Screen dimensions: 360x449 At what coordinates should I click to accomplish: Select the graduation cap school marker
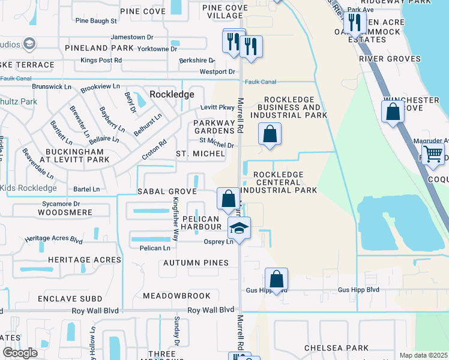click(x=239, y=229)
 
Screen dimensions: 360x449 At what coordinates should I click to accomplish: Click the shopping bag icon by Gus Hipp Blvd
click(x=276, y=280)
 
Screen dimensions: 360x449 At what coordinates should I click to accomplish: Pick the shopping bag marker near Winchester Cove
click(x=393, y=112)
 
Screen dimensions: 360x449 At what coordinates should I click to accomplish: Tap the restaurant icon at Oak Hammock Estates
click(x=355, y=23)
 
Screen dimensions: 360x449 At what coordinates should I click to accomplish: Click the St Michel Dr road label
click(x=216, y=145)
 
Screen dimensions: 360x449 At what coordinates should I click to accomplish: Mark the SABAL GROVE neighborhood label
click(x=167, y=191)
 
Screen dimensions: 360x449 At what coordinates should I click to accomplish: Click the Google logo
click(x=20, y=352)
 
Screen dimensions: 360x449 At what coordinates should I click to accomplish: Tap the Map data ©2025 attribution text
click(x=423, y=355)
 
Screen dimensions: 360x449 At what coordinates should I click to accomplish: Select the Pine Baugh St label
click(x=96, y=21)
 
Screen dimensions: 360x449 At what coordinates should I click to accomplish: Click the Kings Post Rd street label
click(x=101, y=61)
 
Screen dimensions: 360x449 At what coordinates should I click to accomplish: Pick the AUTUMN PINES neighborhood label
click(x=196, y=263)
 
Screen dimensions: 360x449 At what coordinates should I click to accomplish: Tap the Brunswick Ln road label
click(x=52, y=87)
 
